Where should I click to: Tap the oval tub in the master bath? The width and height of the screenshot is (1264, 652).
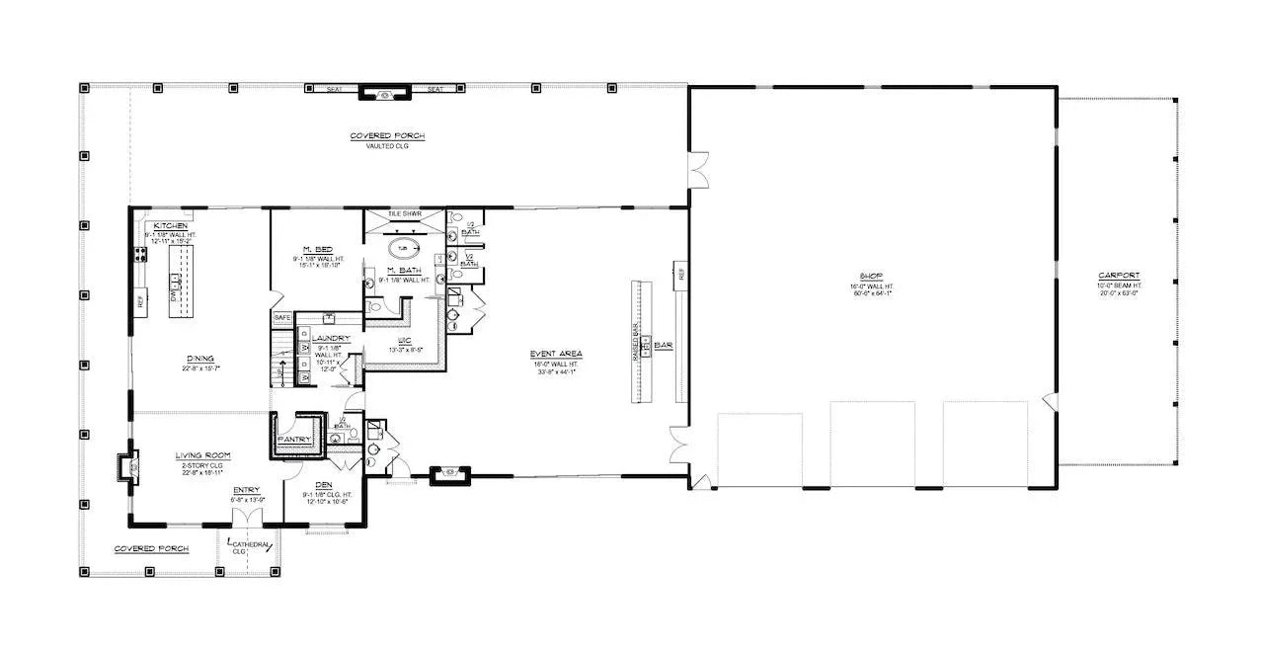point(402,248)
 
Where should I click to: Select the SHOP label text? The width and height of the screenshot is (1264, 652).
point(870,277)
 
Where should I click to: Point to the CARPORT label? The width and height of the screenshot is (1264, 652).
point(1118,276)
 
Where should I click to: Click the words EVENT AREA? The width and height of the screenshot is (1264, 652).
point(556,354)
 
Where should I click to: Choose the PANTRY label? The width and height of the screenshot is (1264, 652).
point(294,439)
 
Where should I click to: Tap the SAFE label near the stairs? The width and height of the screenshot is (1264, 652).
point(281,318)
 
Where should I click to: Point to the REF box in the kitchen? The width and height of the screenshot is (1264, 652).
point(140,300)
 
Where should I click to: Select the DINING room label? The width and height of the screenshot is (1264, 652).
point(200,359)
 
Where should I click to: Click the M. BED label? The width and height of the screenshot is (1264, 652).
point(316,249)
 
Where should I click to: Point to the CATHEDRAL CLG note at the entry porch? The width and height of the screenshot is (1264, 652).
point(251,545)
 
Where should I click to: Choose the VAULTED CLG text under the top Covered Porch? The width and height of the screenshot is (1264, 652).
point(380,145)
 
